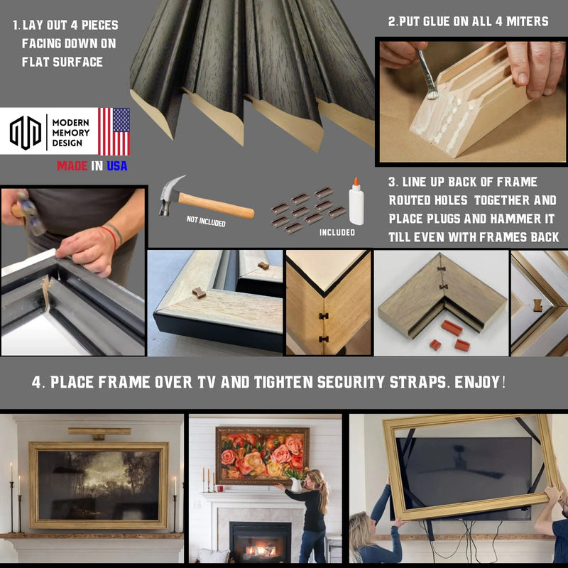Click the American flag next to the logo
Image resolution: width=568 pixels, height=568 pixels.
click(114, 132)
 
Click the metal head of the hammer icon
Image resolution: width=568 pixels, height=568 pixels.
click(171, 195)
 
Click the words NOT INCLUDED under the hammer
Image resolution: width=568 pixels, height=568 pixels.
click(206, 222)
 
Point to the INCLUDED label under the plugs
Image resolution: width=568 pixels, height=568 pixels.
click(337, 232)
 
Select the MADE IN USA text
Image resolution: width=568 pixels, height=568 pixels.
click(93, 166)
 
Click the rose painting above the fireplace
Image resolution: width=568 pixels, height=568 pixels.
click(262, 455)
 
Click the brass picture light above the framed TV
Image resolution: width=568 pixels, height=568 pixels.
click(99, 431)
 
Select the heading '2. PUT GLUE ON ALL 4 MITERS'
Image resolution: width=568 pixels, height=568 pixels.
click(468, 22)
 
